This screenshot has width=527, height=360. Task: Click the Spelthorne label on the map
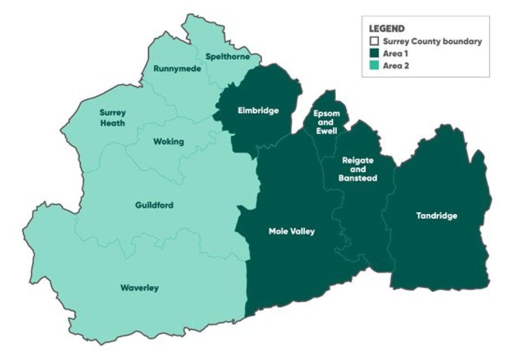click(x=227, y=57)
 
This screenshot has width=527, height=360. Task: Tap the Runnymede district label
click(x=178, y=69)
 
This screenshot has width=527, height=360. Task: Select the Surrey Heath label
click(x=113, y=118)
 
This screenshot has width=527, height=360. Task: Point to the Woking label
click(x=168, y=141)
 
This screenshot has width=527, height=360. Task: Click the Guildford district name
click(x=154, y=205)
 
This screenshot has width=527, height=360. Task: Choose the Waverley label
click(x=139, y=288)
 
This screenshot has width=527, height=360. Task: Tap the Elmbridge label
click(x=258, y=110)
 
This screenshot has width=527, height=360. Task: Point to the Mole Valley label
click(x=291, y=231)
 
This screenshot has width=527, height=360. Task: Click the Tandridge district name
click(x=437, y=216)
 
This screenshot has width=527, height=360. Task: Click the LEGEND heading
click(x=387, y=28)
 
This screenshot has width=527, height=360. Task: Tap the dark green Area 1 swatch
click(x=374, y=53)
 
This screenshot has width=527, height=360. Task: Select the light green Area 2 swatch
click(x=374, y=65)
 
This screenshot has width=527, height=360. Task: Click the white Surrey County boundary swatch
click(x=374, y=41)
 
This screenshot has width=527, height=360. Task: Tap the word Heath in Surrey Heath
click(x=113, y=123)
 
